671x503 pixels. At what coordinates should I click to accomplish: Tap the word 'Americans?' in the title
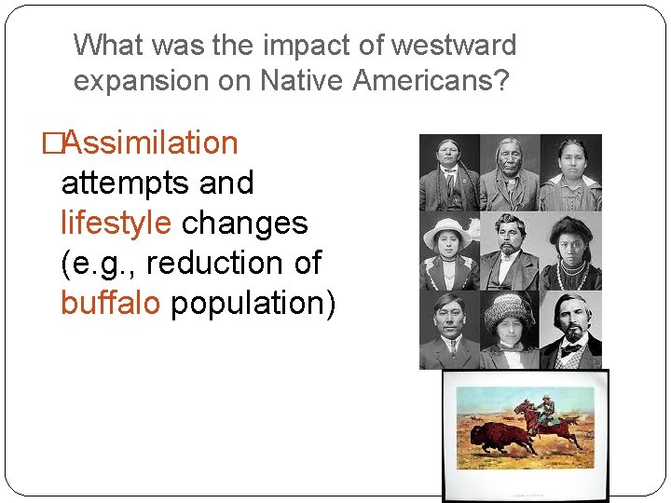point(431,81)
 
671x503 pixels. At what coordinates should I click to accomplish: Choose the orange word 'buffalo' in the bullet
point(110,304)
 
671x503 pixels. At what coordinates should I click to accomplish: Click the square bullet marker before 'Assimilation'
point(52,143)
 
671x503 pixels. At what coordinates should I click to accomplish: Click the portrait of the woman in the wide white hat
point(449,251)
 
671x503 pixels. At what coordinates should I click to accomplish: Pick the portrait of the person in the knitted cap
point(510,331)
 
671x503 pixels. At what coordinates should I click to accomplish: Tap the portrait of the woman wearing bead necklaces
point(570,251)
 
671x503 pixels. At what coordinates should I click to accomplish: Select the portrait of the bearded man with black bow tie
point(570,331)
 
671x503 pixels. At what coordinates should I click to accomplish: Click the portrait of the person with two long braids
point(449,172)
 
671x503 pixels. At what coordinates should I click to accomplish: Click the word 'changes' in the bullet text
point(244,224)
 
